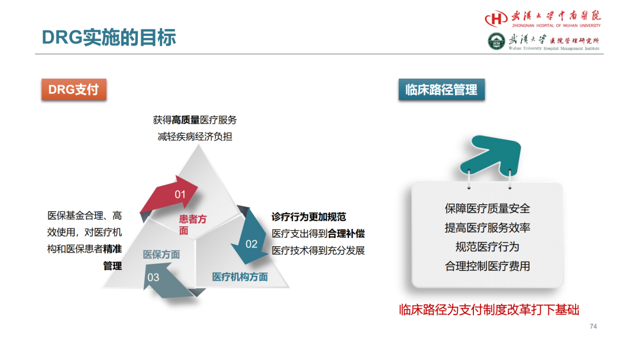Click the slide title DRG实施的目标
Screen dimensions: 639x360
tap(109, 37)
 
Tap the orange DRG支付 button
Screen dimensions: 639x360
tap(74, 89)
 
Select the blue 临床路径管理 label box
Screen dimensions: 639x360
tap(441, 89)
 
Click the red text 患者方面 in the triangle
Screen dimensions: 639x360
tap(192, 224)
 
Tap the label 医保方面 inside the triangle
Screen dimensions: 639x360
tap(161, 255)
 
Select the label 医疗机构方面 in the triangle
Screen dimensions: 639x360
tap(240, 277)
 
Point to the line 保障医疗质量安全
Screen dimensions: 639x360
tap(488, 209)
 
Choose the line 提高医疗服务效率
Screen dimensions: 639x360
tap(488, 227)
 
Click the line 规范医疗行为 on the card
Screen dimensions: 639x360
tap(488, 247)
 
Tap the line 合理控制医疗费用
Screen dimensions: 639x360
tap(488, 266)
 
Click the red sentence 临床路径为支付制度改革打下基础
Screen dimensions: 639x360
tap(489, 310)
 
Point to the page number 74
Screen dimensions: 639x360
tap(593, 326)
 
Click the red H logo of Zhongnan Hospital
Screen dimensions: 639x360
tap(496, 18)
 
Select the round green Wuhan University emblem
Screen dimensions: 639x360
tap(496, 41)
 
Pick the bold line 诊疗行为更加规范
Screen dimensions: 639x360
tap(308, 217)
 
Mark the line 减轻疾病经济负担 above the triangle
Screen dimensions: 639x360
tap(195, 137)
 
